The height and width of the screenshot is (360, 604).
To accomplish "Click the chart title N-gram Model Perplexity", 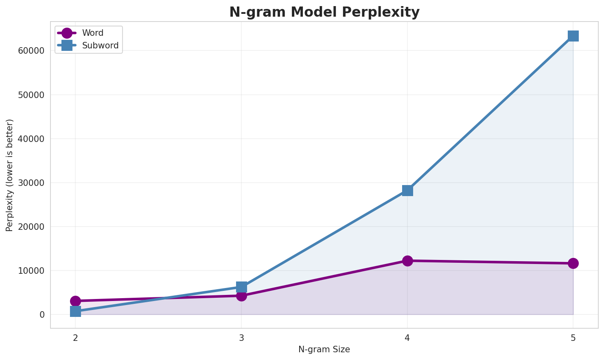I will coord(324,12).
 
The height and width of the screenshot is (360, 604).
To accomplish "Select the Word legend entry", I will coord(92,33).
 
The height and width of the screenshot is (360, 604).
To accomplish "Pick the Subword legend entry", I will coord(100,46).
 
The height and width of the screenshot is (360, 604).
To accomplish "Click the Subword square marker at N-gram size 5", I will coord(573,36).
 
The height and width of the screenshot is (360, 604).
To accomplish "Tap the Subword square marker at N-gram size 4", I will coord(407,190).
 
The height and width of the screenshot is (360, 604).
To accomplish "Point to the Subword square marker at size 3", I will coord(241,287).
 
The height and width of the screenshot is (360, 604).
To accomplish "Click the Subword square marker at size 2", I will coord(75,312).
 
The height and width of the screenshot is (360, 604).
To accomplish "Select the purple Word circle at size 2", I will coord(75,301).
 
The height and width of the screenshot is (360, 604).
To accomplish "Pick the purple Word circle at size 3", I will coord(241,296).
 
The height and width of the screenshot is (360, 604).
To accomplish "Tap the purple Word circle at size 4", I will coord(407,261).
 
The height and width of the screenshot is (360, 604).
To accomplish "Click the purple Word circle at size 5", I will coord(573,263).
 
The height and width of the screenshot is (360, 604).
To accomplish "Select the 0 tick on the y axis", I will coord(42,314).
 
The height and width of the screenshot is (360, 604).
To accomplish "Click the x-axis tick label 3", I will coord(241,338).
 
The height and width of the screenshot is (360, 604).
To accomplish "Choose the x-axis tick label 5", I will coord(573,338).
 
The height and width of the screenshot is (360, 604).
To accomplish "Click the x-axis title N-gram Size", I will coord(324,349).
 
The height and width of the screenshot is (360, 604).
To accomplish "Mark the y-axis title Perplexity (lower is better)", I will coord(10,175).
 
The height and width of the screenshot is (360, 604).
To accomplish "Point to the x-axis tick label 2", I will coord(75,338).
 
